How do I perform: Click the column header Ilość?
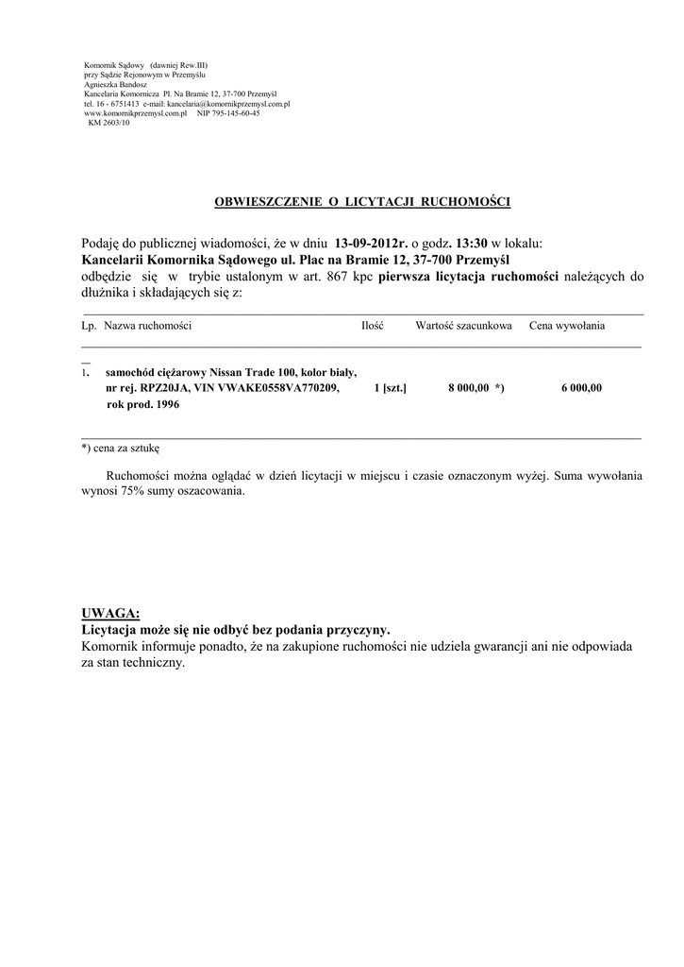[372, 326]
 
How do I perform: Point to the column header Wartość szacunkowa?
[463, 326]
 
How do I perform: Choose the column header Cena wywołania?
[567, 326]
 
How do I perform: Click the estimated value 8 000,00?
[468, 387]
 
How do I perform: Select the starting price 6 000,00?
[580, 387]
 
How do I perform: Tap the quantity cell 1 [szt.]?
[390, 387]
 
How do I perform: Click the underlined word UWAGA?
[110, 614]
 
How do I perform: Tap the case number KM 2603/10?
[108, 123]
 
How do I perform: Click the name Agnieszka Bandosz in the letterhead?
[111, 83]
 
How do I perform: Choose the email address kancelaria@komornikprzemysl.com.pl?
[227, 103]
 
